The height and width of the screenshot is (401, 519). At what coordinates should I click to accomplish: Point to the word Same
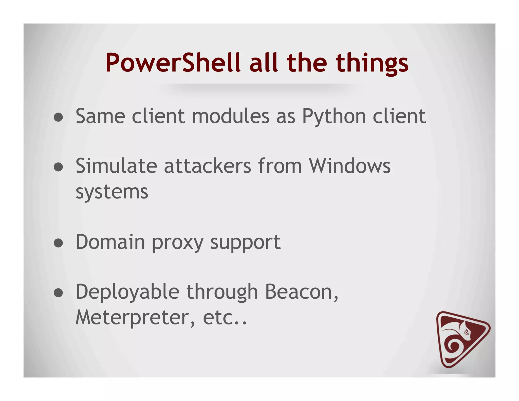click(x=100, y=116)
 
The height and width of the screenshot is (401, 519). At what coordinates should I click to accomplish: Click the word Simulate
click(x=116, y=166)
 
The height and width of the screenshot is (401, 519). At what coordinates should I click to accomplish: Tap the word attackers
click(x=208, y=166)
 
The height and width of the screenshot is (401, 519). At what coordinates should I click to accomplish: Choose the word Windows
click(x=350, y=166)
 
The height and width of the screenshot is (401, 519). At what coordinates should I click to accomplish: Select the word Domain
click(x=110, y=242)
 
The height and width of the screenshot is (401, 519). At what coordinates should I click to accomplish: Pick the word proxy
click(x=178, y=243)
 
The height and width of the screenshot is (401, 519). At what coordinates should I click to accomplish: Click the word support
click(x=245, y=243)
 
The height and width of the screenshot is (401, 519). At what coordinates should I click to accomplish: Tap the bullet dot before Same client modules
click(x=59, y=117)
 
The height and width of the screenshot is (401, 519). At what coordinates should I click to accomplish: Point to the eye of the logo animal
click(x=466, y=332)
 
